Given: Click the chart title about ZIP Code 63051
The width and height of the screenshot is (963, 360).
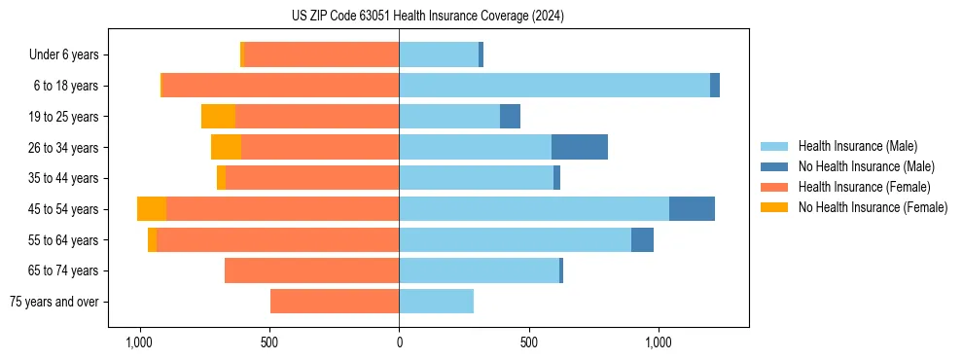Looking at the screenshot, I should coord(427,17).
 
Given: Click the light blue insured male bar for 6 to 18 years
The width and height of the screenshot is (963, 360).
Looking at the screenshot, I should coord(554,86).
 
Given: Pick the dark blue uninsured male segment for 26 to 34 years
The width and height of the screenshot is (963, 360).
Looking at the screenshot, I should coord(580,147).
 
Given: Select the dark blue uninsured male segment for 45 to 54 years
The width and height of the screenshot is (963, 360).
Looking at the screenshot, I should coord(692,209).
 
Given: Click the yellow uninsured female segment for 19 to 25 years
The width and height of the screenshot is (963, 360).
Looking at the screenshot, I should coord(218,117).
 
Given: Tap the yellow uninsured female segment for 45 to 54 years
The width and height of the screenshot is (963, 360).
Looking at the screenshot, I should coord(152,209).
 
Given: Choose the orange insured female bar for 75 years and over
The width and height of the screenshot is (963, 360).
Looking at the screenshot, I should coord(335,302).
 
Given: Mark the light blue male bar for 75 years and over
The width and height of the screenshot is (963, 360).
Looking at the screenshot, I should coord(436,302).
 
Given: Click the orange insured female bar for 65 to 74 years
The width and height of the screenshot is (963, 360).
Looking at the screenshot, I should coord(311,270).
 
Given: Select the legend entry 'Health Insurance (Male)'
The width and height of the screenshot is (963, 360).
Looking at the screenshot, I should coord(857,146).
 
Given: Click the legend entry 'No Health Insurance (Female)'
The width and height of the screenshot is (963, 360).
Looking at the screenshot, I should coord(873,207).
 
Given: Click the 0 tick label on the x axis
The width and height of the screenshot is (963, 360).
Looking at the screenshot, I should coord(399,342).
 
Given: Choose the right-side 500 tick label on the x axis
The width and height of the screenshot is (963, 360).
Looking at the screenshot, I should coord(529,342).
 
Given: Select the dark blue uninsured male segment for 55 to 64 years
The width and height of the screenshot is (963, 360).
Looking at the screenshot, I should coord(642,240).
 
